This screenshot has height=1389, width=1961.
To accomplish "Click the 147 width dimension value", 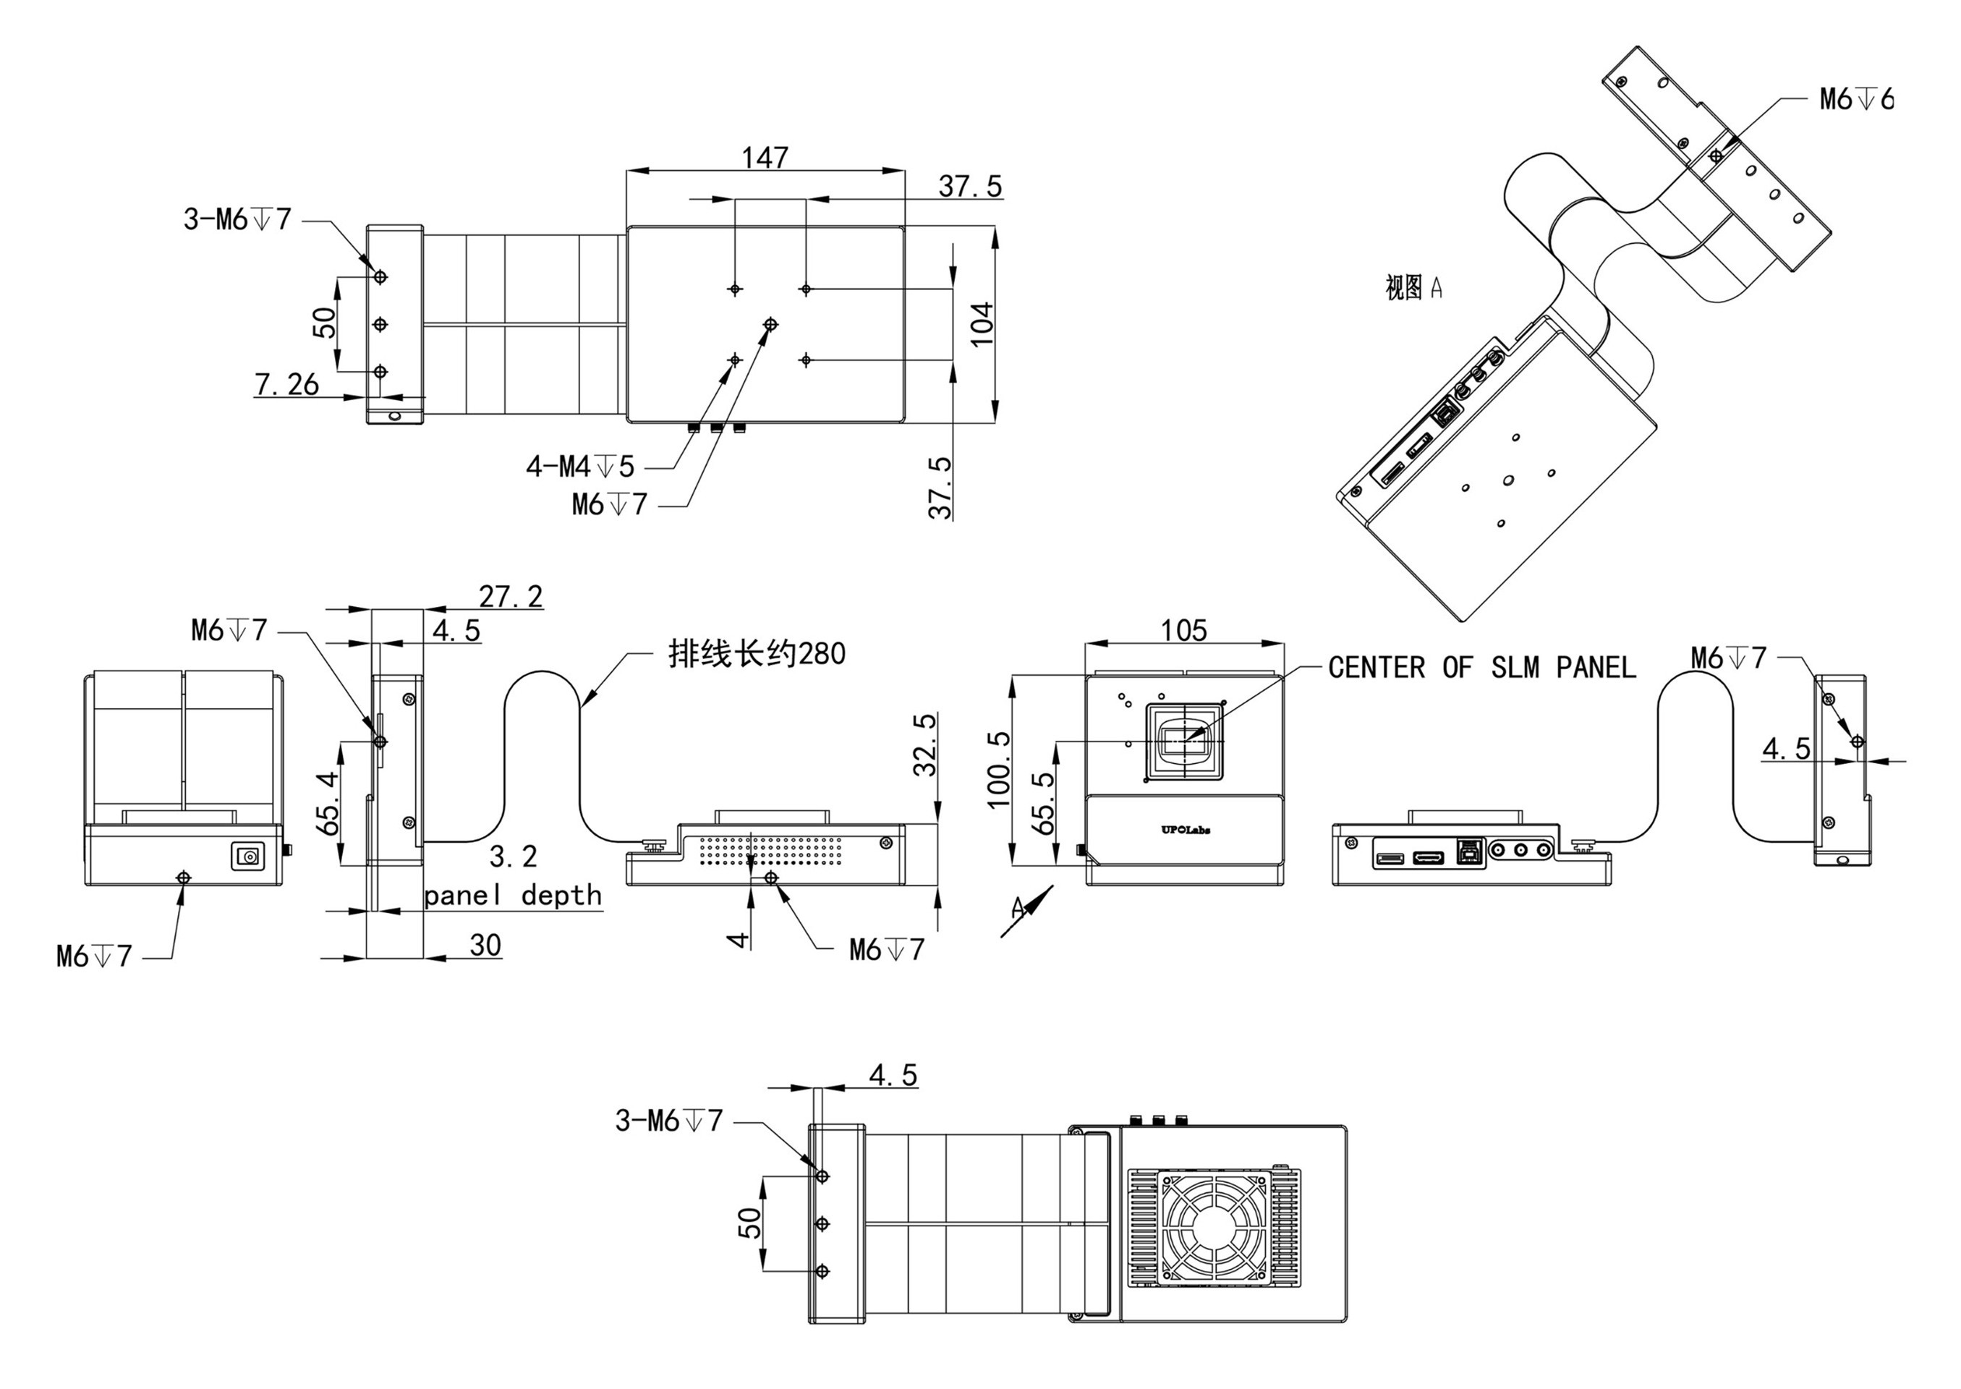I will tap(765, 158).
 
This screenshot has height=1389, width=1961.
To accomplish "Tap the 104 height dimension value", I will tap(984, 323).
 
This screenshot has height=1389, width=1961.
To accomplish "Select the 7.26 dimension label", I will tap(286, 385).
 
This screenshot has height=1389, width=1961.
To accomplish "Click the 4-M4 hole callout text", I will tap(580, 467).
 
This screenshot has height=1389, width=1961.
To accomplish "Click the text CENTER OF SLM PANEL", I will tap(1481, 668).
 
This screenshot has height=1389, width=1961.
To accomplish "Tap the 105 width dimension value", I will tap(1183, 632).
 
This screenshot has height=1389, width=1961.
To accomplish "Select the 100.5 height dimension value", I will tap(999, 769).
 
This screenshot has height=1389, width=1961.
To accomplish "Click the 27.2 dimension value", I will tap(510, 596).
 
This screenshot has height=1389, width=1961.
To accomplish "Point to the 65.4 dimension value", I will tap(328, 803).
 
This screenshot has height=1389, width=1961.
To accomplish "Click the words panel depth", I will tap(513, 896).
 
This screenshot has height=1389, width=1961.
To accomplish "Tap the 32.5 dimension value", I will tap(925, 745).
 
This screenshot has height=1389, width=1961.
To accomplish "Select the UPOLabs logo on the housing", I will tap(1186, 829).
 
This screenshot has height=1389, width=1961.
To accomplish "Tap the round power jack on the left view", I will tap(250, 856).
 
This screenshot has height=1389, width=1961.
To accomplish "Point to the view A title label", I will tap(1413, 287).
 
